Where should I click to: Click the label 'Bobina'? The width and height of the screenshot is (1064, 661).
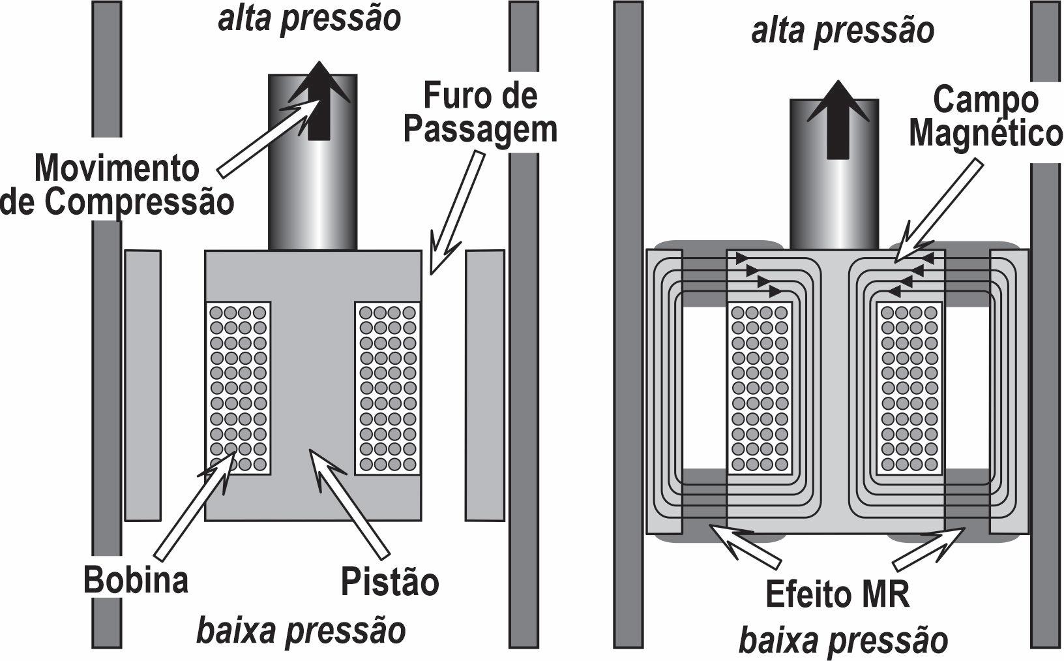click(136, 580)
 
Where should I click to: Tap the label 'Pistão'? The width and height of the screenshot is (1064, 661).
click(390, 581)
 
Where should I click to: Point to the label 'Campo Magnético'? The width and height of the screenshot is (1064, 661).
click(985, 117)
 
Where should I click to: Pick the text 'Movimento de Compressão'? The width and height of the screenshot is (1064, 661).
click(117, 185)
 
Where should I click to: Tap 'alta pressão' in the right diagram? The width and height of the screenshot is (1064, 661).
click(842, 31)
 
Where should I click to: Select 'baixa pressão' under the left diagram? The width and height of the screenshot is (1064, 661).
click(301, 630)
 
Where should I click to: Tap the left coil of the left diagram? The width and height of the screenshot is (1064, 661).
click(238, 388)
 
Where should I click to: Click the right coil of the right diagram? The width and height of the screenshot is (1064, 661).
click(909, 388)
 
